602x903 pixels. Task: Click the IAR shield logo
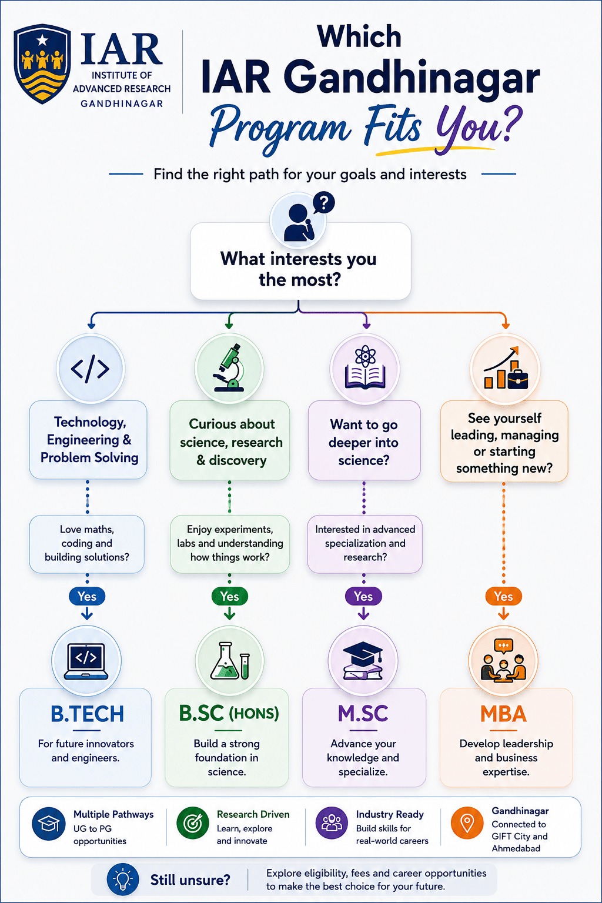[42, 63]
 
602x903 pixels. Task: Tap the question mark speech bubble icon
[324, 203]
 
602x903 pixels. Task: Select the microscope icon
[229, 368]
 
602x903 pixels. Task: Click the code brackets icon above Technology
[90, 369]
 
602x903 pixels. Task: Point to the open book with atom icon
[365, 367]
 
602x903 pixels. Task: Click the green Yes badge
[229, 596]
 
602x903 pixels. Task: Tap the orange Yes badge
[503, 596]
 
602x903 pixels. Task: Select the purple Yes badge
[363, 596]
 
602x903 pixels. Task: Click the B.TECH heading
[87, 714]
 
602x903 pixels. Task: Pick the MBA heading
[504, 714]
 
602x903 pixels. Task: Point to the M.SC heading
[363, 714]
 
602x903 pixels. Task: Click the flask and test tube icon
[230, 661]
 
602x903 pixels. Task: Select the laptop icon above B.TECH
[86, 661]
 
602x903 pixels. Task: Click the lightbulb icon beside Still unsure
[123, 879]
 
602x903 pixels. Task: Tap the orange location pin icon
[467, 823]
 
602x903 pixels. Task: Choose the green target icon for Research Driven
[193, 823]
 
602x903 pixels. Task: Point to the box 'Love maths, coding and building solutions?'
[86, 544]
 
